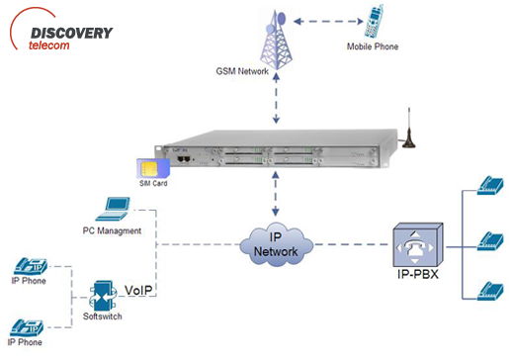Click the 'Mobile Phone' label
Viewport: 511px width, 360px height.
pyautogui.click(x=373, y=46)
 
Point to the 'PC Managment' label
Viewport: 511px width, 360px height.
pyautogui.click(x=113, y=229)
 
